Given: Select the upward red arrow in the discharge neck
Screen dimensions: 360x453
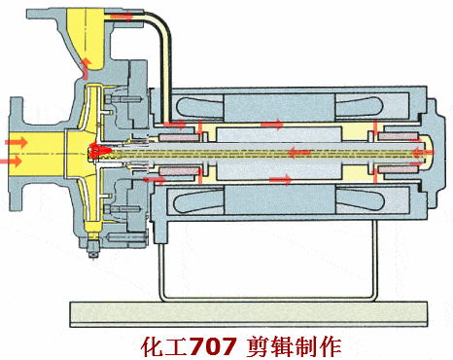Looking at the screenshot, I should (x=86, y=67).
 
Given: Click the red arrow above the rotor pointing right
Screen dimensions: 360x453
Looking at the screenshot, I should (x=272, y=125).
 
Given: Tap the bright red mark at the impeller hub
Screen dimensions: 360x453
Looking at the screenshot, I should (x=98, y=150).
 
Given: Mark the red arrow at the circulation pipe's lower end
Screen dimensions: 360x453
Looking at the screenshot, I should (x=176, y=125).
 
